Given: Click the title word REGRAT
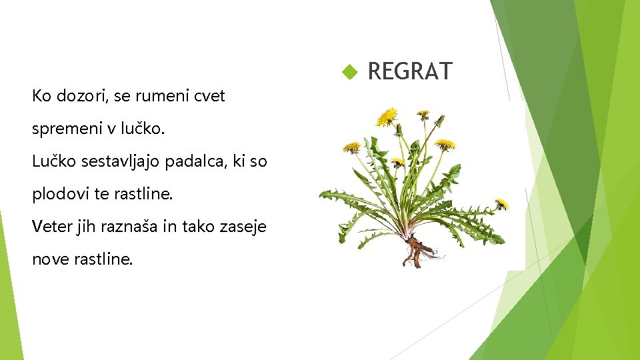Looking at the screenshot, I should tap(409, 71).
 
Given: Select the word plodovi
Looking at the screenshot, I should tap(57, 194).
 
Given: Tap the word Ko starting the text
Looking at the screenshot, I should tap(40, 96).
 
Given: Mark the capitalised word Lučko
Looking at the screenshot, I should tap(51, 161).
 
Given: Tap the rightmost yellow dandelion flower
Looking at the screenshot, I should tap(501, 203).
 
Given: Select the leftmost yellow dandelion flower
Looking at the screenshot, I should tap(351, 147).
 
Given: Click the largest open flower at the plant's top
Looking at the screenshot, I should tap(387, 117).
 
